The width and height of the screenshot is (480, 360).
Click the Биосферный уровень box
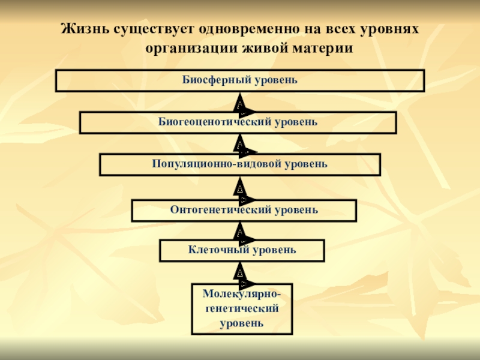pos(240,80)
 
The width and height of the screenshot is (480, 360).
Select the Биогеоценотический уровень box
pos(238,122)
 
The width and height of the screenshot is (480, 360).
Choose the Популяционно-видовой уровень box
pos(240,164)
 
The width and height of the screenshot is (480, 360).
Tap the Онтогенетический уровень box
pos(244,211)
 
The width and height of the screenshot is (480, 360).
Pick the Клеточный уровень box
pos(242,250)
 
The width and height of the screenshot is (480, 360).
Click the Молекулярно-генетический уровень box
pos(242,308)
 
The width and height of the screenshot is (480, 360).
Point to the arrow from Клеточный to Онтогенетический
pos(240,230)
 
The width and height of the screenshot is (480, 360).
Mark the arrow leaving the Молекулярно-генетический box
pos(240,272)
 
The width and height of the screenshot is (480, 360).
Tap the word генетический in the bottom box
pos(242,308)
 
